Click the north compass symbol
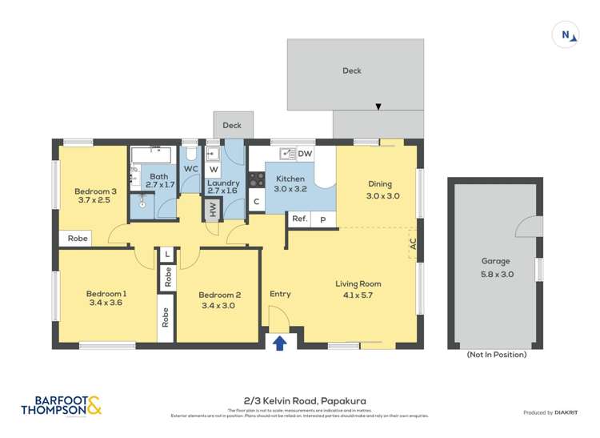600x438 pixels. click(566, 34)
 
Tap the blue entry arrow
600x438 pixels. click(280, 344)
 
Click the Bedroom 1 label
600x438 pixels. click(106, 294)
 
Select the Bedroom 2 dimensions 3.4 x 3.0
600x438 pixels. click(219, 305)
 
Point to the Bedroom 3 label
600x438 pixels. click(96, 191)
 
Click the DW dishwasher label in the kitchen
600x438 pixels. click(305, 154)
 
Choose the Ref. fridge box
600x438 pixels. click(299, 219)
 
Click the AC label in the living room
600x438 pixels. click(413, 245)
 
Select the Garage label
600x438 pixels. click(495, 261)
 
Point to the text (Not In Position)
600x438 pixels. click(496, 354)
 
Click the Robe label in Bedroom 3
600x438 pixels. click(77, 239)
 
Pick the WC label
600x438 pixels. click(190, 169)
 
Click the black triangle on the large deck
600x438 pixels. click(378, 106)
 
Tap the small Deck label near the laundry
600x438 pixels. click(232, 125)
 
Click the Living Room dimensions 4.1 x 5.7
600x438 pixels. click(358, 295)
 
